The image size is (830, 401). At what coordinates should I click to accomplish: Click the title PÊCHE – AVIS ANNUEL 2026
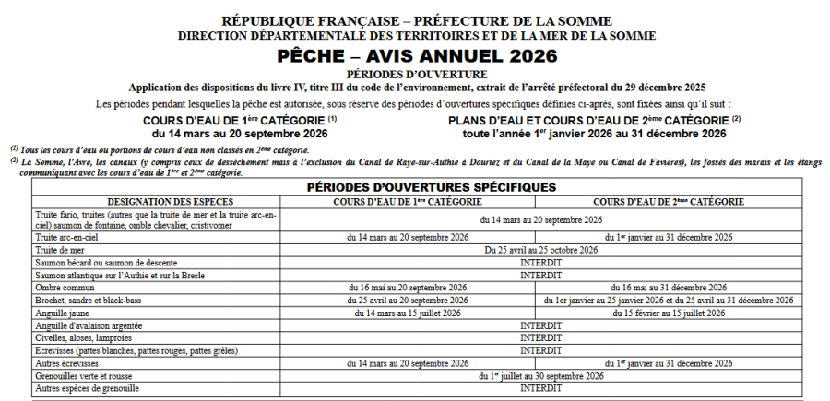click(x=415, y=56)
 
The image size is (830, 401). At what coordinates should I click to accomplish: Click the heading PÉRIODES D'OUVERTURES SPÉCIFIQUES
click(x=418, y=186)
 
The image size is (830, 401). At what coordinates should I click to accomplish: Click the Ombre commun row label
click(x=65, y=288)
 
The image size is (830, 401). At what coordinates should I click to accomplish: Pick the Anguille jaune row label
click(x=63, y=313)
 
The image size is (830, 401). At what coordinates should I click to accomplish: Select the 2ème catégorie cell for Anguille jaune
click(x=673, y=313)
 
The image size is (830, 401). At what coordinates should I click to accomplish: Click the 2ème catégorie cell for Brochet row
click(x=673, y=301)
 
